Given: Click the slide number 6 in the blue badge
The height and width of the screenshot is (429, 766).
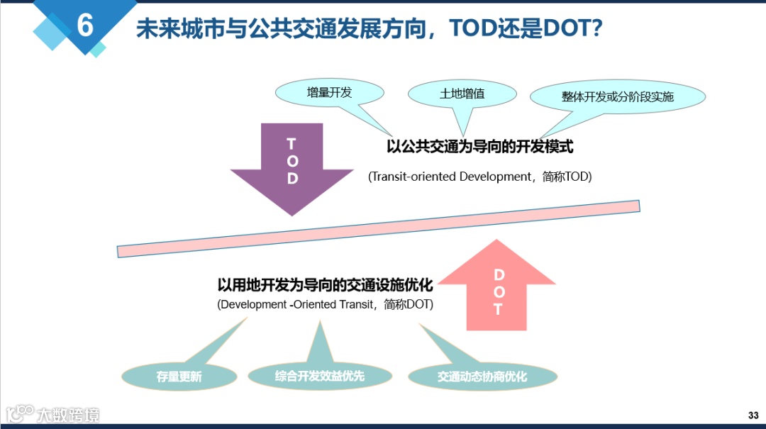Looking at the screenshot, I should (x=85, y=26).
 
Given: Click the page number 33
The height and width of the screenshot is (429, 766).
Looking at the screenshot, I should (x=753, y=415).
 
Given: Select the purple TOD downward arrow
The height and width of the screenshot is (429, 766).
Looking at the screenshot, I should (x=292, y=170).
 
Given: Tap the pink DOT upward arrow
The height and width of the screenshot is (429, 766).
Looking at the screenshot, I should (x=499, y=291).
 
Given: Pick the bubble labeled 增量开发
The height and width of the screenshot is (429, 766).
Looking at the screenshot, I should (x=329, y=93).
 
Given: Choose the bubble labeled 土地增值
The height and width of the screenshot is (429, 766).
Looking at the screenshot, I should (x=462, y=94).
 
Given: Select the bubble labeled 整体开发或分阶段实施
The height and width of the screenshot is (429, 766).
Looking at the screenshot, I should (x=617, y=97).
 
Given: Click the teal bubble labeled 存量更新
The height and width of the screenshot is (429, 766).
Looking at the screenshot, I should (x=179, y=377).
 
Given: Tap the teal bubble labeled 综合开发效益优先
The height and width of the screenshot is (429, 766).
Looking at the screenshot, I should (x=319, y=375).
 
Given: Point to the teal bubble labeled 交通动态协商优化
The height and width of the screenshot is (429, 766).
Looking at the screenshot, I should (x=482, y=377).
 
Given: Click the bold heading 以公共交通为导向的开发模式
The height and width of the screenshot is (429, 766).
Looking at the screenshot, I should (x=479, y=147).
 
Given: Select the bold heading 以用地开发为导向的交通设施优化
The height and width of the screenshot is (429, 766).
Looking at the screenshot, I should (x=325, y=286).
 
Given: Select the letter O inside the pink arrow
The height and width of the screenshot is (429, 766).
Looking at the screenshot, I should (x=499, y=292).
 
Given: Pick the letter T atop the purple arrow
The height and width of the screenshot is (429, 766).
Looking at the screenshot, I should (x=292, y=144).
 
